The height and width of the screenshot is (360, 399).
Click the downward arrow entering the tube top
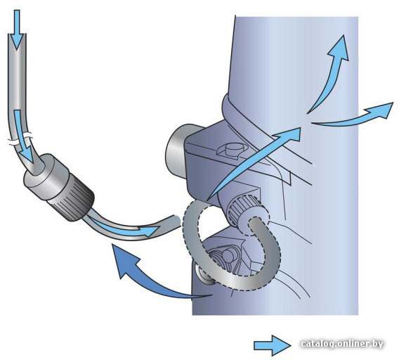pyautogui.click(x=17, y=30)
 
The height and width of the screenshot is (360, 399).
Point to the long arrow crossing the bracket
pyautogui.click(x=254, y=163)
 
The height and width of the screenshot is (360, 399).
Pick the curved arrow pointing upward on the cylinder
pyautogui.click(x=331, y=77)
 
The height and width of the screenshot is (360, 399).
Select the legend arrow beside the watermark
pyautogui.click(x=273, y=345)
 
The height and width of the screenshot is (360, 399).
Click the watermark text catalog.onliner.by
pyautogui.click(x=341, y=344)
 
